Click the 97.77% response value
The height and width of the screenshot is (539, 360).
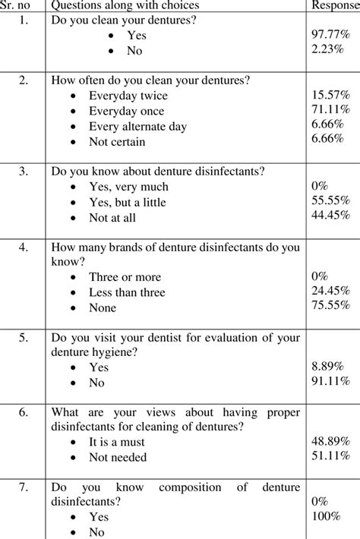tap(330, 36)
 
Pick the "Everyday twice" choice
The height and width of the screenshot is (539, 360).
tap(128, 96)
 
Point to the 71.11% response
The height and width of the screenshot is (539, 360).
tap(330, 111)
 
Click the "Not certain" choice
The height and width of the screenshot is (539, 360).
tap(116, 141)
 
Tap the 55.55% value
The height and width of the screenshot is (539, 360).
tap(330, 201)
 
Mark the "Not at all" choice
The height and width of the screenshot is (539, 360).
tap(115, 217)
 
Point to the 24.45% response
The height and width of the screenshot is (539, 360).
tap(330, 292)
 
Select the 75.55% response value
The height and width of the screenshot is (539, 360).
tap(330, 307)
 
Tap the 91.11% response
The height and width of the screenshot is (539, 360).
tap(330, 382)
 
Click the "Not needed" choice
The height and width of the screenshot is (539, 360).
tap(117, 458)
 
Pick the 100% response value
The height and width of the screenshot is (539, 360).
tap(327, 517)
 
